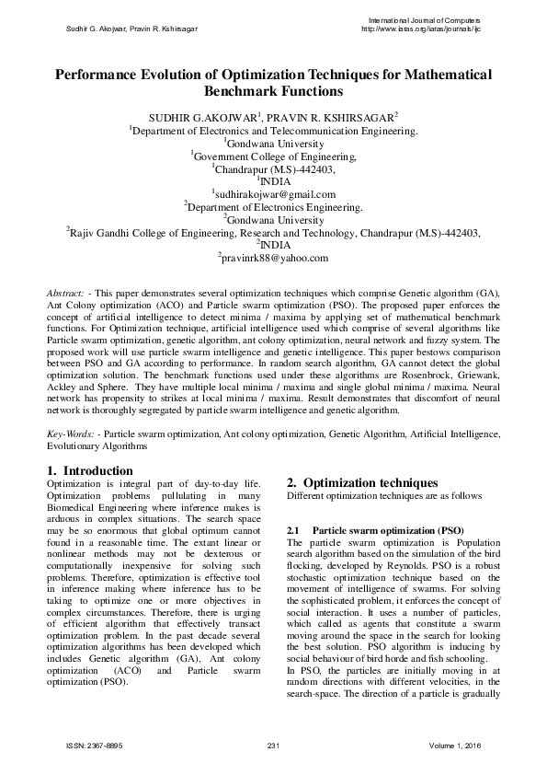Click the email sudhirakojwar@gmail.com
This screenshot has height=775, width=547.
pos(275,194)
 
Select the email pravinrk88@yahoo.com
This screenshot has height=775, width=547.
pos(275,259)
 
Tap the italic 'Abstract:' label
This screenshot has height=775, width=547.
pos(66,291)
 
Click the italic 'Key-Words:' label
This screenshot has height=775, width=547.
pos(71,433)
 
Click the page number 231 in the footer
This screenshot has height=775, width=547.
pos(273,744)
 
